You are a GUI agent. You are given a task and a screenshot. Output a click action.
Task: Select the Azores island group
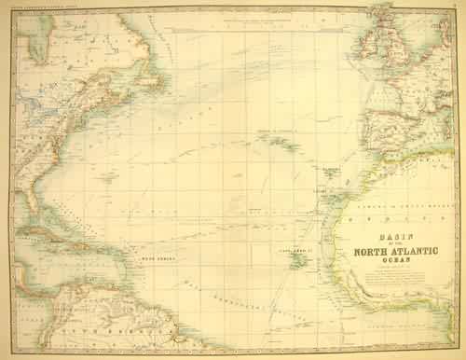[x=276, y=141]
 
